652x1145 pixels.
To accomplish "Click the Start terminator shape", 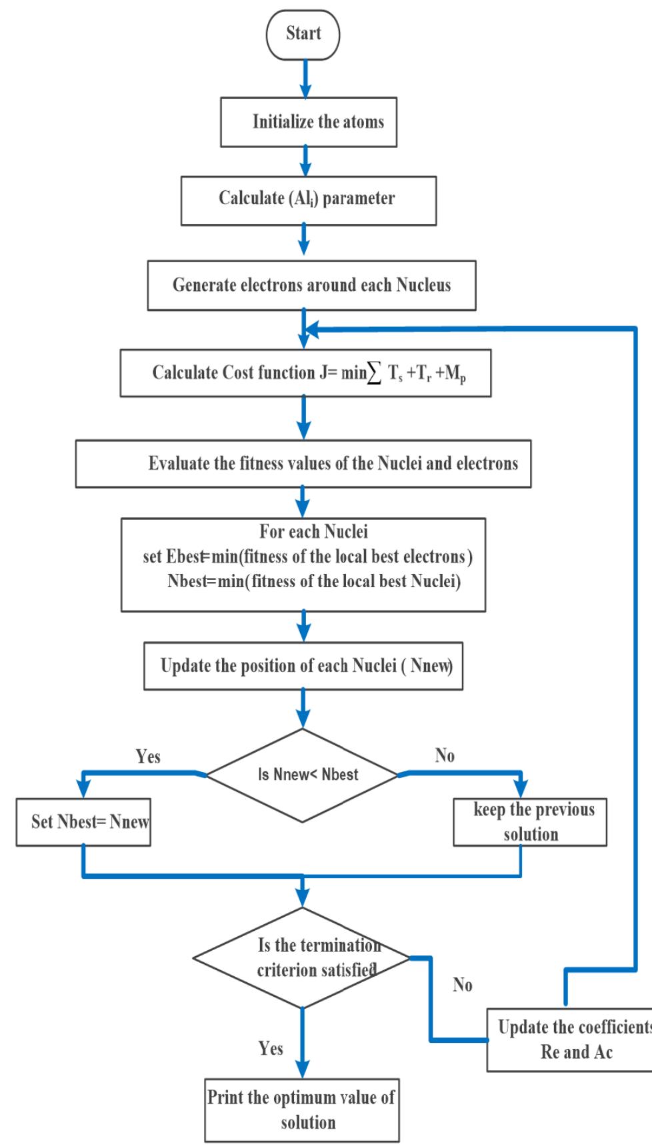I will coord(303,34).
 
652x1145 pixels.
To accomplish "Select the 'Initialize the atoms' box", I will coord(309,122).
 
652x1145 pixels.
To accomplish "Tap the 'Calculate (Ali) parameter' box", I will coord(308,200).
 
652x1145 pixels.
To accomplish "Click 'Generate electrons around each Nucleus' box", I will coord(311,286).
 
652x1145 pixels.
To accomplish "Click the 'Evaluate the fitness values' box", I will coord(303,464).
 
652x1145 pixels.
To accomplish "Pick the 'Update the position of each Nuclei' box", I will coord(303,666).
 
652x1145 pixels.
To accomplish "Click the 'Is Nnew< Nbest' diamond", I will coord(303,775).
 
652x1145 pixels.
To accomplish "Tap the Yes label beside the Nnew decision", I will coord(148,757).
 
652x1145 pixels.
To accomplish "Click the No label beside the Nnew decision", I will coord(445,755).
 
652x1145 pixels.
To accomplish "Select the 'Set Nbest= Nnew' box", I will coord(83,822).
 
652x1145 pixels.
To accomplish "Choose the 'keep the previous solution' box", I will coord(530,822).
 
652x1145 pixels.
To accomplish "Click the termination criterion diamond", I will coord(301,958).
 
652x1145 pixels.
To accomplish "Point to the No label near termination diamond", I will coord(462,985).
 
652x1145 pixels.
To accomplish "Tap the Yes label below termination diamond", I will coord(271,1048).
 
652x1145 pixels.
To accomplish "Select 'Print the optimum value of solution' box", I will coord(302,1110).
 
